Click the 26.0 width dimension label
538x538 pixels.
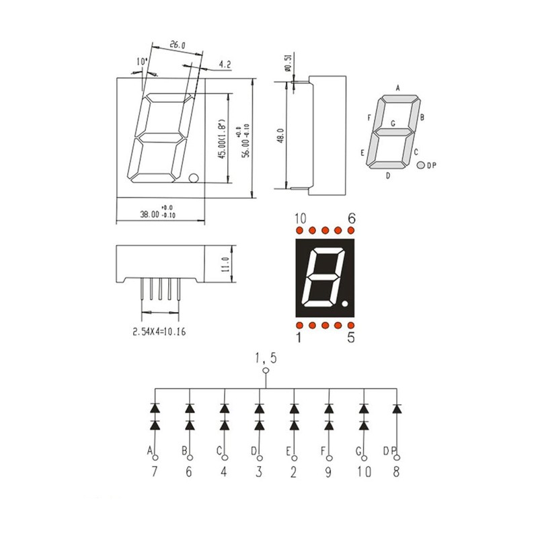[x=177, y=45]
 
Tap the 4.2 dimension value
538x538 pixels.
[x=225, y=65]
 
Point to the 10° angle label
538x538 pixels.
[x=141, y=62]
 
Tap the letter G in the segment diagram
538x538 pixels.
[x=393, y=123]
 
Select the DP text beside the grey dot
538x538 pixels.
[x=432, y=165]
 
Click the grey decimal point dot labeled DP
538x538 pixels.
[x=420, y=165]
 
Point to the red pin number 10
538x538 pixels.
[x=300, y=218]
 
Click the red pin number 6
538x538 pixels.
[x=350, y=218]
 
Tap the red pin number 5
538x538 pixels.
[x=350, y=338]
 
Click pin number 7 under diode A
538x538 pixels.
[x=155, y=472]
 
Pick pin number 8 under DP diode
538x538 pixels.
[x=396, y=472]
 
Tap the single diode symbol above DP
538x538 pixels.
[x=397, y=408]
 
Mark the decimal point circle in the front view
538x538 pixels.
[x=194, y=178]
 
